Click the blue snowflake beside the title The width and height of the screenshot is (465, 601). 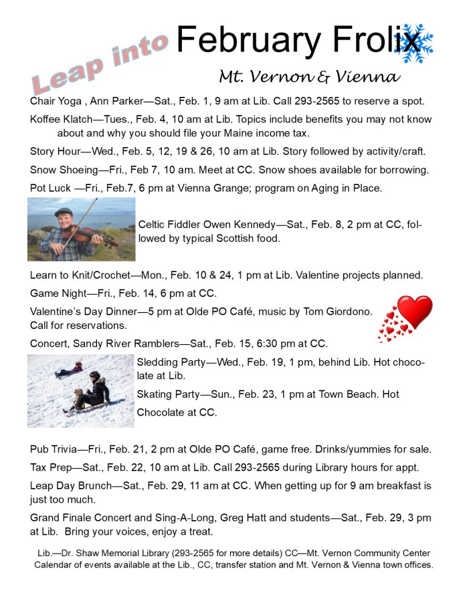click(x=414, y=43)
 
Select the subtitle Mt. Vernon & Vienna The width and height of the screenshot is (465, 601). click(x=309, y=76)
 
